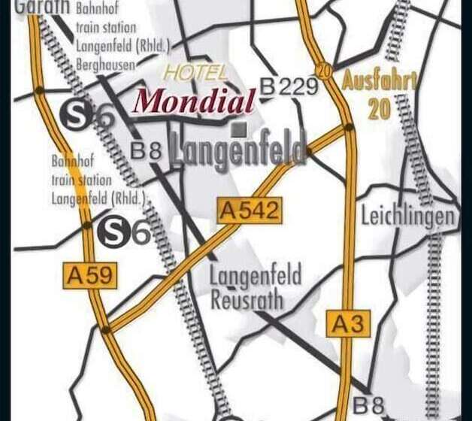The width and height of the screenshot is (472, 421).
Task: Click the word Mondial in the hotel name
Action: [x=194, y=101]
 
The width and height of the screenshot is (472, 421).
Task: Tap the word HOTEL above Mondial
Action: [x=195, y=73]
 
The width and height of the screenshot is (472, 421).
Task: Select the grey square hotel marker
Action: [x=239, y=129]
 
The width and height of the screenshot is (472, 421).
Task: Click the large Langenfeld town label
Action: [x=238, y=150]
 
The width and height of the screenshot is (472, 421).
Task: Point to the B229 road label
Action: [x=289, y=87]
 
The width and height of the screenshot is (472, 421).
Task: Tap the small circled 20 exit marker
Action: [x=324, y=70]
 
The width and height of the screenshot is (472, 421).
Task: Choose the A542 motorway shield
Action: [x=250, y=211]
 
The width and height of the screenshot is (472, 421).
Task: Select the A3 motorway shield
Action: [x=349, y=323]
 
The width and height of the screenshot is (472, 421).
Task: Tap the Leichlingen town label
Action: [x=408, y=217]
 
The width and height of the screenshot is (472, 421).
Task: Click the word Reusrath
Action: [x=247, y=301]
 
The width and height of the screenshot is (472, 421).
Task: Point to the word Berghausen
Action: [x=106, y=65]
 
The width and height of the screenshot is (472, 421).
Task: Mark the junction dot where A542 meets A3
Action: [x=349, y=129]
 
